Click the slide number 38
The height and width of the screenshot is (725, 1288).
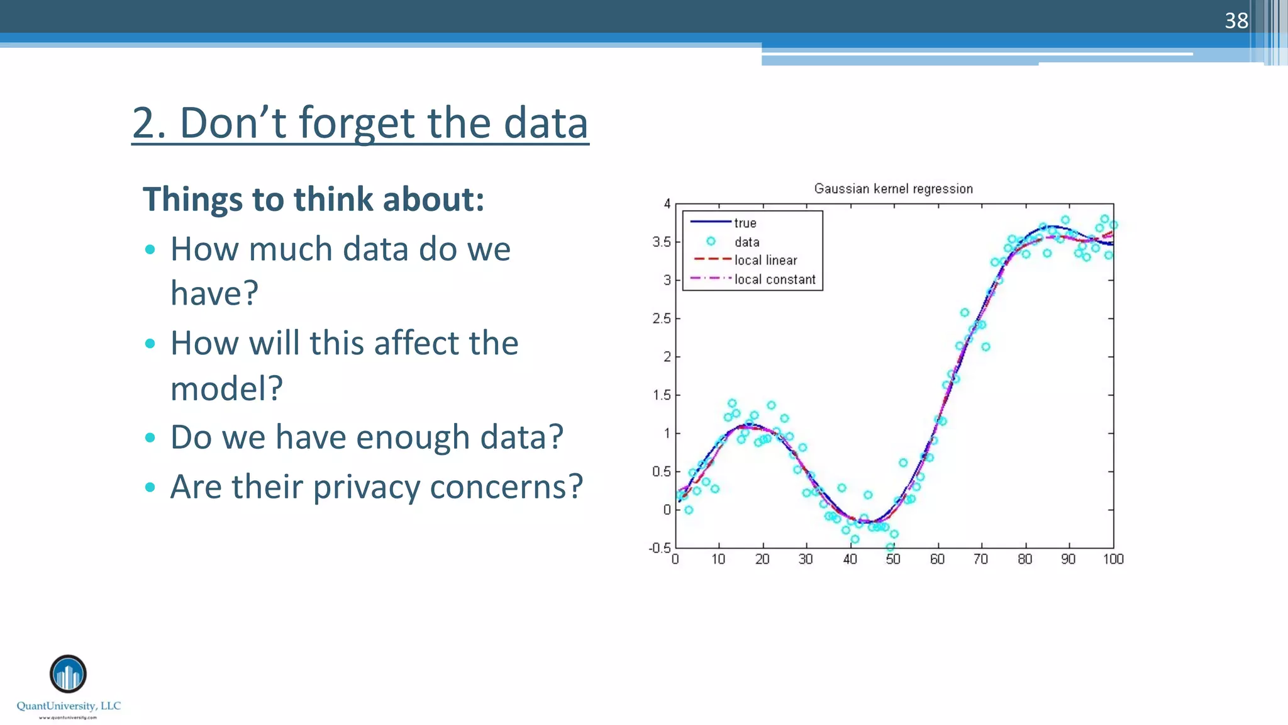[x=1236, y=21]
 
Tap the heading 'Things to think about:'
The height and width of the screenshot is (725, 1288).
[x=313, y=200]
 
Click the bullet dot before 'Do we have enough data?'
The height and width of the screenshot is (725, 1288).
[x=150, y=437]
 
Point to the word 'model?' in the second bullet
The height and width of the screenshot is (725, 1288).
[x=226, y=388]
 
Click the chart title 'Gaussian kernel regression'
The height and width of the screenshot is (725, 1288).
[x=893, y=189]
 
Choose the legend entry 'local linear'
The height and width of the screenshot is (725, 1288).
[x=765, y=261]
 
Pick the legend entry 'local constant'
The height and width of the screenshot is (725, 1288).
[x=775, y=279]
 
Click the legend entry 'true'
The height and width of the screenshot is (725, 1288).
[x=745, y=223]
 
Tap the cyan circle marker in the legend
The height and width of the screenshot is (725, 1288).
[x=711, y=241]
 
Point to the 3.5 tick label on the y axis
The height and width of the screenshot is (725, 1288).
[x=661, y=242]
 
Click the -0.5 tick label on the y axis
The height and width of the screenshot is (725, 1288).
[x=659, y=548]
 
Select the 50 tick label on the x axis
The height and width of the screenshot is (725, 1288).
[x=893, y=559]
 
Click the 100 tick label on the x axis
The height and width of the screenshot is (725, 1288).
[x=1113, y=559]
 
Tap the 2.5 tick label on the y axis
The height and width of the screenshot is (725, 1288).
[x=661, y=318]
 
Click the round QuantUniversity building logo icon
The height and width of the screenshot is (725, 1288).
[x=68, y=674]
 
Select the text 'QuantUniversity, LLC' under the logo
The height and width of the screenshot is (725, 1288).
[x=69, y=706]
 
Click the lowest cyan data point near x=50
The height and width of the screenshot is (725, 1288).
[x=890, y=548]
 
